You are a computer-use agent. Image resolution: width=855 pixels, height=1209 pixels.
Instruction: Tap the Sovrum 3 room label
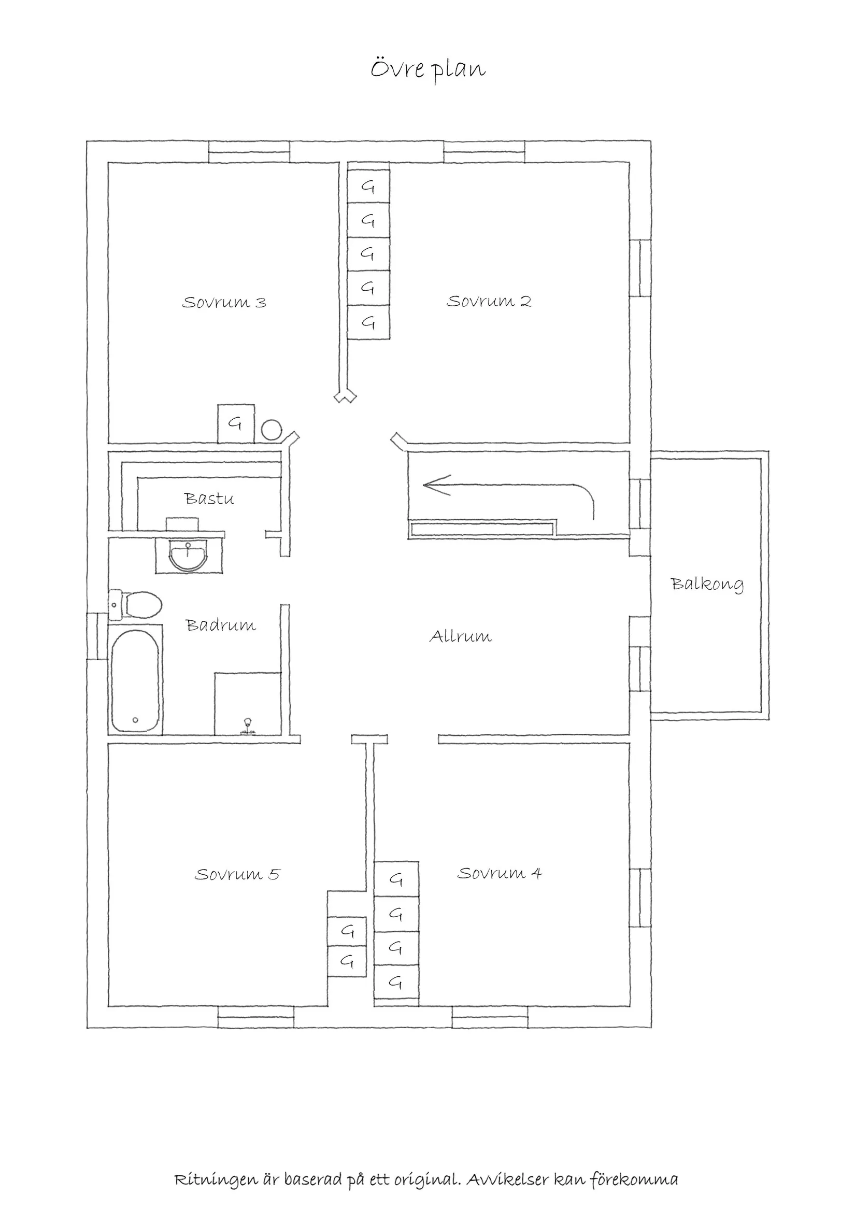point(224,303)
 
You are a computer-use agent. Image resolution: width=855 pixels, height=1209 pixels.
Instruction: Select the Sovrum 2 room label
point(489,302)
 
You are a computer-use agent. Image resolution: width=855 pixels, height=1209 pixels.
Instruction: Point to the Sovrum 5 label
point(237,875)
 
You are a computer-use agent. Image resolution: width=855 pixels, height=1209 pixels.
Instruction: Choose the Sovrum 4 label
point(499,874)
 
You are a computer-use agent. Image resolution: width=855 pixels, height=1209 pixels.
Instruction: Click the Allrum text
point(461,636)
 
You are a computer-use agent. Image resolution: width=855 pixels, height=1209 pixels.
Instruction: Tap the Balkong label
point(707,585)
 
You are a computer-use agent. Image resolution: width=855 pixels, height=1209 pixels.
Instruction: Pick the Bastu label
point(209,499)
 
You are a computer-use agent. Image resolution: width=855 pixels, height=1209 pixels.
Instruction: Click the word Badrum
point(221,625)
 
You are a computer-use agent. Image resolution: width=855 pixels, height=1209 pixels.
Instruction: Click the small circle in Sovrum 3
point(272,429)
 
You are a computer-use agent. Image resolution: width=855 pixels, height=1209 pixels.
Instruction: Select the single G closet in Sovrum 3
point(236,424)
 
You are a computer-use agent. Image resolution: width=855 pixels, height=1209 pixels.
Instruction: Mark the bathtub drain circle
point(135,720)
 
